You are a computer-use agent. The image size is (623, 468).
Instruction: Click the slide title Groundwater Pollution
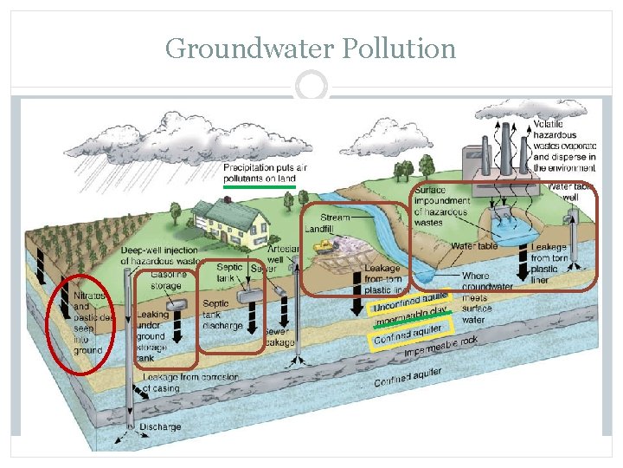[x=311, y=48]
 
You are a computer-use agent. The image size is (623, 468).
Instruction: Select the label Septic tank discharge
[x=222, y=315]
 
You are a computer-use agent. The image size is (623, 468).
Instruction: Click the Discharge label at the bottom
[x=160, y=427]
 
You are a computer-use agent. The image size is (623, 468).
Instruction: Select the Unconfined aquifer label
[x=412, y=302]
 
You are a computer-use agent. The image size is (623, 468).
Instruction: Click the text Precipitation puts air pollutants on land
[x=265, y=172]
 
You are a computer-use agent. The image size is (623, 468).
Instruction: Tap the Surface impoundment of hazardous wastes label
[x=440, y=206]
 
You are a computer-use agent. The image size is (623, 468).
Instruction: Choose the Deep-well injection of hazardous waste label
[x=160, y=256]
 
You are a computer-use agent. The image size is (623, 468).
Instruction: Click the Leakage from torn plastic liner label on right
[x=549, y=263]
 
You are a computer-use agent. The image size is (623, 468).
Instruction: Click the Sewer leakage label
[x=277, y=335]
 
